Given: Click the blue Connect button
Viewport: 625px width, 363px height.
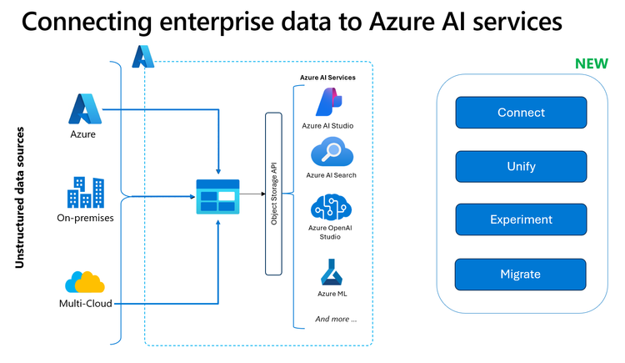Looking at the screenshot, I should [521, 113].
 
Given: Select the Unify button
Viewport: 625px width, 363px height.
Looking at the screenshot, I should [521, 166].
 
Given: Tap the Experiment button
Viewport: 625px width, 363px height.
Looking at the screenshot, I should [521, 219].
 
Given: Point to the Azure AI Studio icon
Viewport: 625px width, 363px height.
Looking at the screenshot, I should [327, 103].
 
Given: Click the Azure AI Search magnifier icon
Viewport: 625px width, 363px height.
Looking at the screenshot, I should [327, 154].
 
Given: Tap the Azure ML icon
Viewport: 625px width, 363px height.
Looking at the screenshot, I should [327, 272].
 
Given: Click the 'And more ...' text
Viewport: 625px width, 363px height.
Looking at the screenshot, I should [336, 319].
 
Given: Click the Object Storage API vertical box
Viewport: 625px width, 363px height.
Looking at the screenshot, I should [272, 194].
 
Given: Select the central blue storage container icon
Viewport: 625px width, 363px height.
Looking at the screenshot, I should [217, 197].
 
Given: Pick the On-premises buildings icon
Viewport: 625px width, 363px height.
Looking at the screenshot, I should [85, 193].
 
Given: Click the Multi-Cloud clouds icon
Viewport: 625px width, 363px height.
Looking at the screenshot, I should [85, 282].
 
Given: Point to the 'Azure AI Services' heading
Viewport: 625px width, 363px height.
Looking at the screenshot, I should [327, 78].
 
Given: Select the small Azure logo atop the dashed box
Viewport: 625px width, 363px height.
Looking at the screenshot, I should [142, 56].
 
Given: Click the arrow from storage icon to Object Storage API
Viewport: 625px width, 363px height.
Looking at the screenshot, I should [252, 196].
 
